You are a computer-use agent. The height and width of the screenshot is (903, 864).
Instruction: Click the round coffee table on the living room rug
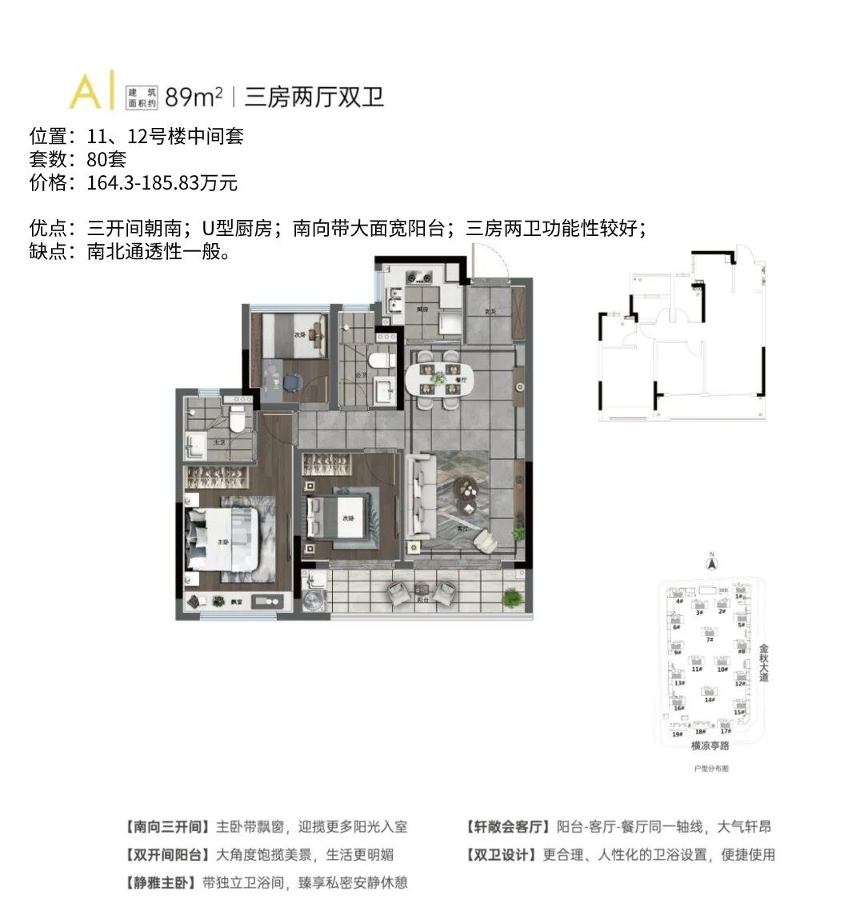(465, 490)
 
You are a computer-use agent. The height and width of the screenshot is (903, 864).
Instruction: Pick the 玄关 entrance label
(490, 311)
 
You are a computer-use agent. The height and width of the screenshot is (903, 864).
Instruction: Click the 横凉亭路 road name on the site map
(710, 745)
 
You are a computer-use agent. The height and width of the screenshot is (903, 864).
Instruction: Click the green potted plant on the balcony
(510, 596)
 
